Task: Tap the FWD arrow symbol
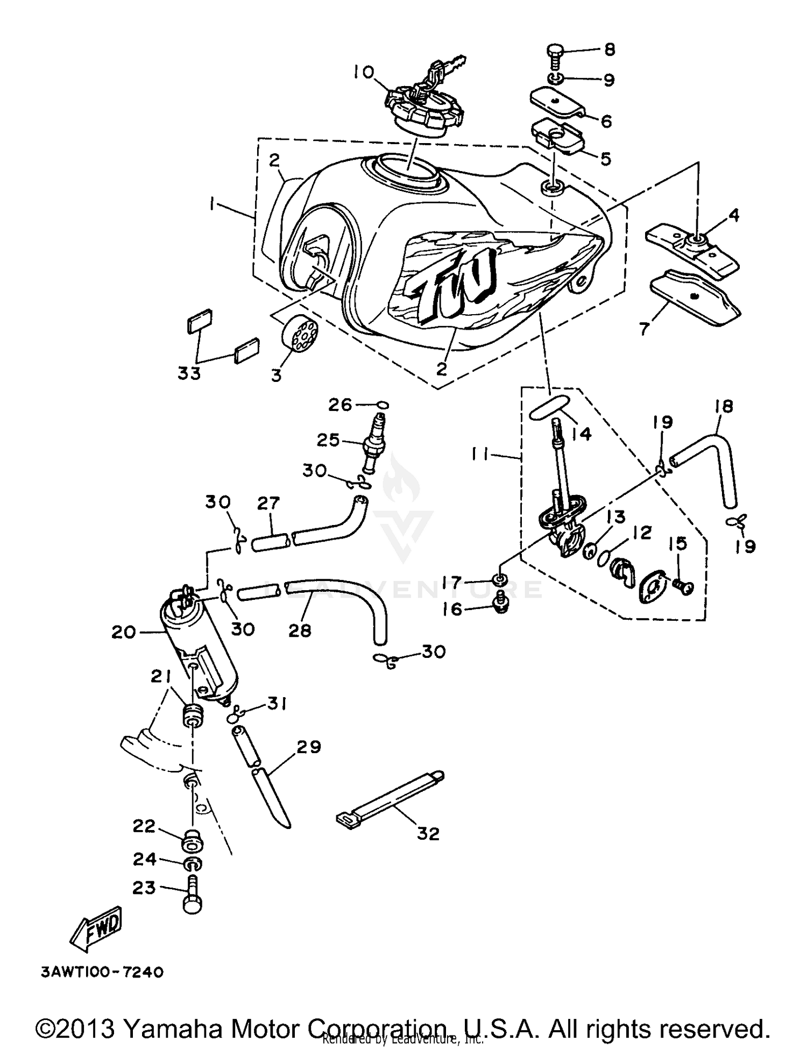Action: [x=97, y=929]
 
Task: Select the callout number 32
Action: [x=428, y=833]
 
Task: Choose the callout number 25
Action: [x=328, y=440]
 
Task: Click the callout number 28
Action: [x=300, y=630]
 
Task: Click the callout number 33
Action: [x=189, y=373]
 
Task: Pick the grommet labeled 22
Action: [x=192, y=842]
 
